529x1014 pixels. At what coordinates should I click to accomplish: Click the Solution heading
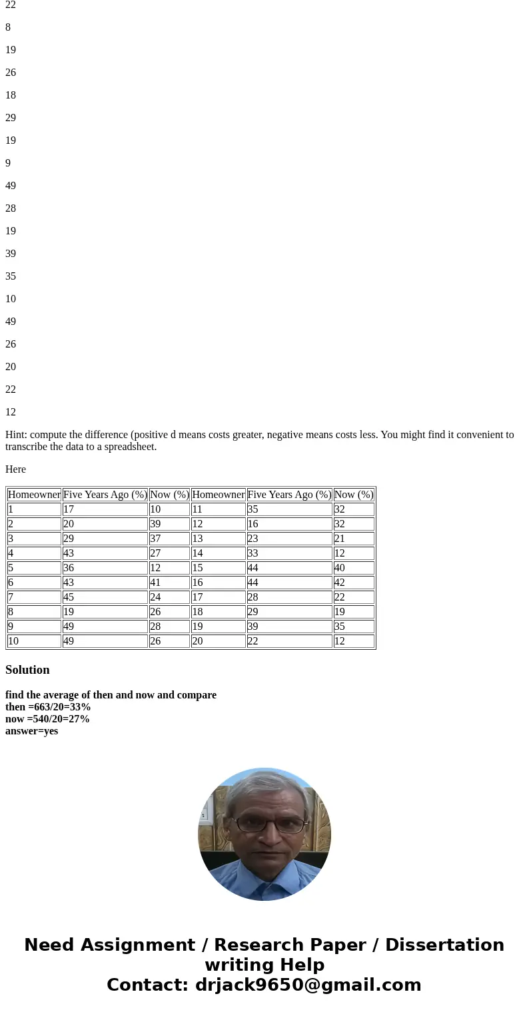[x=27, y=670]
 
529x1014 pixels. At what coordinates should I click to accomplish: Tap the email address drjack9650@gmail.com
[x=308, y=985]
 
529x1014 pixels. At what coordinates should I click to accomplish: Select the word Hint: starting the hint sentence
[x=17, y=435]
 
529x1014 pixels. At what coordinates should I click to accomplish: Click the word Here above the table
[x=15, y=469]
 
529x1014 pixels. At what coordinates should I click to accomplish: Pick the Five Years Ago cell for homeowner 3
[x=105, y=539]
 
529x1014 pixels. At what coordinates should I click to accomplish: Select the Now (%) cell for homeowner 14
[x=353, y=553]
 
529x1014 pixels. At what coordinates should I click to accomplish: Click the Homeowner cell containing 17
[x=218, y=597]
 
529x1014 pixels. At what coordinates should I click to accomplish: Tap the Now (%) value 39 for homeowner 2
[x=169, y=524]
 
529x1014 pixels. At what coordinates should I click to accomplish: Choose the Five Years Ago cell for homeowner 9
[x=105, y=627]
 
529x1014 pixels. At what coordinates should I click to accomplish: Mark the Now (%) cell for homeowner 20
[x=353, y=641]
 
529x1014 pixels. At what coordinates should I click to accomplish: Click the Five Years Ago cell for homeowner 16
[x=289, y=583]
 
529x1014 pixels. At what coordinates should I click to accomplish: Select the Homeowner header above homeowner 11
[x=218, y=495]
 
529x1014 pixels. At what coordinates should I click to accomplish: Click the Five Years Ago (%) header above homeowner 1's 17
[x=105, y=495]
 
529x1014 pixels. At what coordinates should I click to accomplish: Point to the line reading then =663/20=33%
[x=48, y=707]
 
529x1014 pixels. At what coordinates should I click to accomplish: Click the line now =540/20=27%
[x=47, y=719]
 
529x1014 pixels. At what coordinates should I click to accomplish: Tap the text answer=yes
[x=31, y=731]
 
